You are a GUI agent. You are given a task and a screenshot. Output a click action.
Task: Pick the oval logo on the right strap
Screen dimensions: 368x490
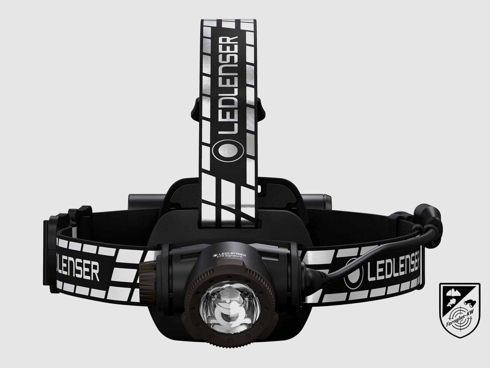354,270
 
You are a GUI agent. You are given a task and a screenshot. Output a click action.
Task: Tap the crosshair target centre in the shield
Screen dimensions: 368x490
463,320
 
